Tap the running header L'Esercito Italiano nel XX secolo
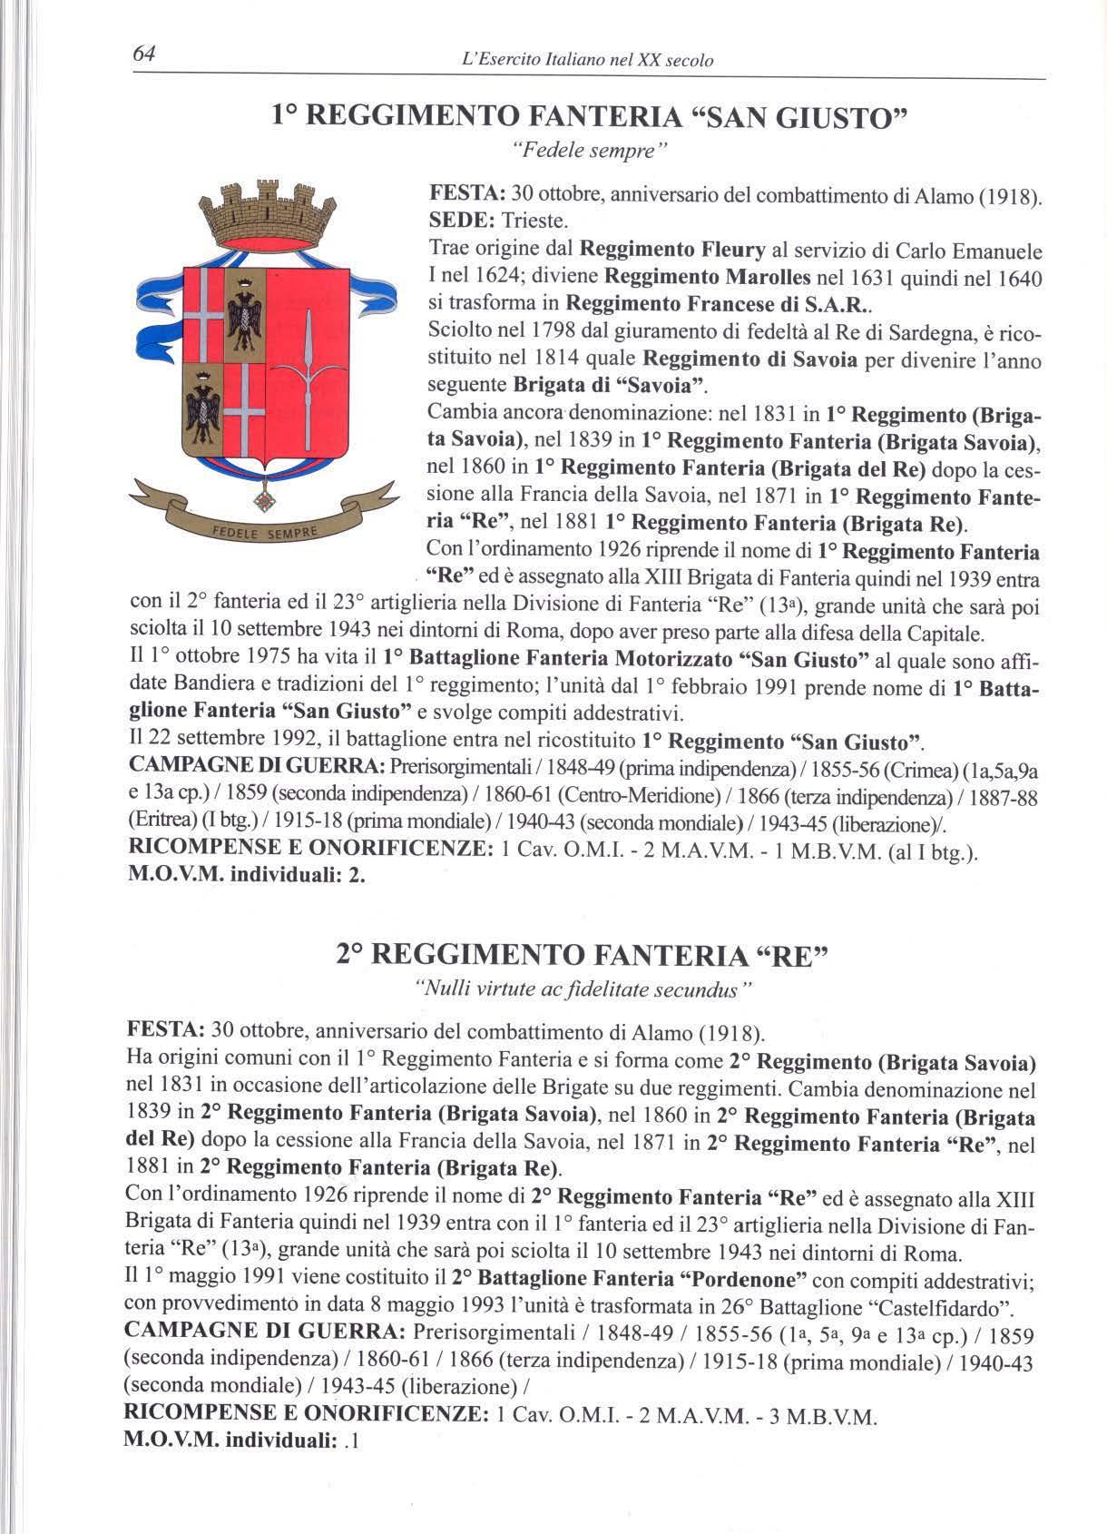(588, 61)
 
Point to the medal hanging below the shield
(265, 498)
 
